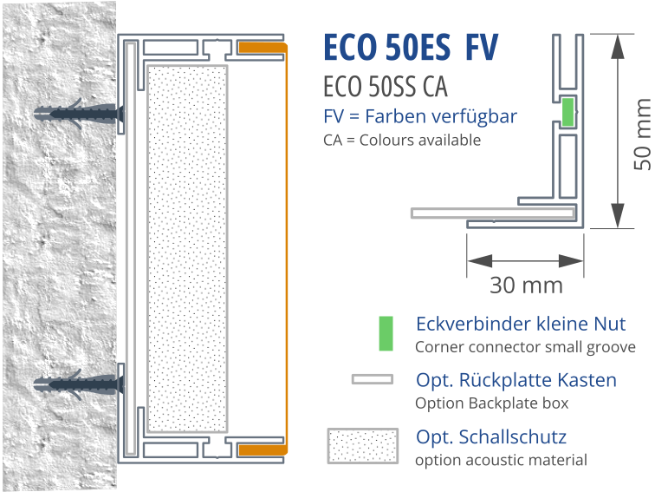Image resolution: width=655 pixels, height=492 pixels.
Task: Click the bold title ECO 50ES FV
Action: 411,47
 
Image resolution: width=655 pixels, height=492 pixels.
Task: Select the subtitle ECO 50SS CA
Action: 386,87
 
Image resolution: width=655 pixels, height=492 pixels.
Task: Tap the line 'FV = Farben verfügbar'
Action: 420,116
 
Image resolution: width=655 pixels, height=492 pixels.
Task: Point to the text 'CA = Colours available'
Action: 402,141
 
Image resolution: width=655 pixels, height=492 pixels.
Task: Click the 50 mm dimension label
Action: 643,134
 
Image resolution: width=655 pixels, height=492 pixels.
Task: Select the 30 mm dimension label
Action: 527,285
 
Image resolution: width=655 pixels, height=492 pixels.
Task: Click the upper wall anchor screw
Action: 79,114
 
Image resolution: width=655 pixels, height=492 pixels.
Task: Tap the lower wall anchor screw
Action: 79,384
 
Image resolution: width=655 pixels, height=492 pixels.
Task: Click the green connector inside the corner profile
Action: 567,112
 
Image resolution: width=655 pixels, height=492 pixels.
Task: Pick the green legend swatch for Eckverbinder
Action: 386,333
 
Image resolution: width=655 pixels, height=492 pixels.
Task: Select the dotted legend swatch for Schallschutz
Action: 362,446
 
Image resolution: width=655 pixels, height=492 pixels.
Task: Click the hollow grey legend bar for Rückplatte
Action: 373,379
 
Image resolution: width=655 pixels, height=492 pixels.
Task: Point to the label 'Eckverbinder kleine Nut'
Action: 521,324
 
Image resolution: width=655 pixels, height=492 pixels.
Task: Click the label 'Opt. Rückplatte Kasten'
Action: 516,380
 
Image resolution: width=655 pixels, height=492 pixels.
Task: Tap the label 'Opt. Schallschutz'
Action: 491,437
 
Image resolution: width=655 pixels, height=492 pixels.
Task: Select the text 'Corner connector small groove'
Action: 526,347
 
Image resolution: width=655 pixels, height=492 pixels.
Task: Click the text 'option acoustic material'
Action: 502,460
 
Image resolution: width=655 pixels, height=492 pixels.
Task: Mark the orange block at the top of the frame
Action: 263,48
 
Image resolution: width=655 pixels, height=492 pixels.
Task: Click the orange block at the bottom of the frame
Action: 263,450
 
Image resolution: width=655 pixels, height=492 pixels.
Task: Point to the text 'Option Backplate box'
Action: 491,403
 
